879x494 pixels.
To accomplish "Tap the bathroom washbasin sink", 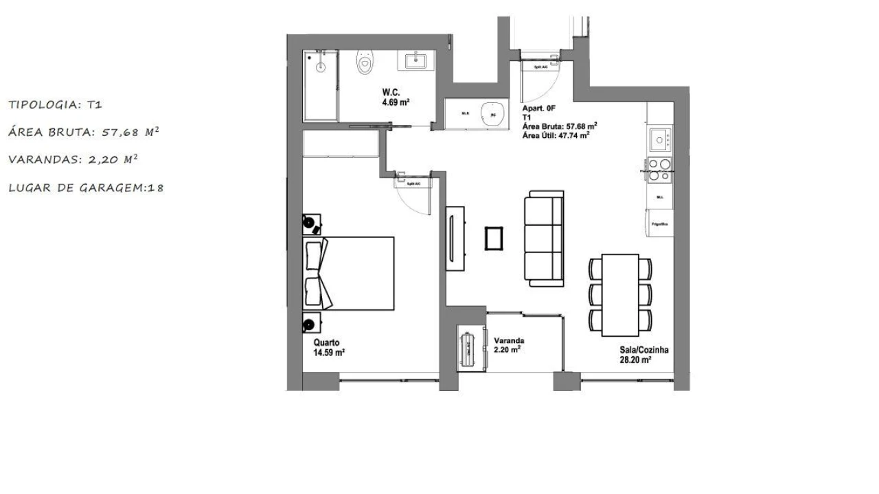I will pos(416,61).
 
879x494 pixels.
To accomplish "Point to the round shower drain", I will pos(319,68).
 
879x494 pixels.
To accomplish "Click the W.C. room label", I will pos(392,93).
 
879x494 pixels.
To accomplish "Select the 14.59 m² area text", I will pos(329,353).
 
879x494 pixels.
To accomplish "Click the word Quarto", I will pos(327,342).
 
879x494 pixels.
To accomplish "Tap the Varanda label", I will pos(509,340).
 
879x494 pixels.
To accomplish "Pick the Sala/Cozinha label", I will pos(643,350).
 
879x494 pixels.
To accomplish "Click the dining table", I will pos(621,295).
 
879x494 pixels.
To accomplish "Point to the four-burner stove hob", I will pos(660,169).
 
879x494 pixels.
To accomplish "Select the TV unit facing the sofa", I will pos(455,238).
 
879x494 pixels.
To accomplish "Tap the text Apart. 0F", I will pos(538,108).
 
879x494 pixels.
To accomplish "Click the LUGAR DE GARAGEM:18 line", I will pos(86,187).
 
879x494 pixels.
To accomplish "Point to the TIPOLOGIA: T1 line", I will pos(55,105).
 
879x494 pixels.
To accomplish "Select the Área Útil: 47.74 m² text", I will pos(557,135).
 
